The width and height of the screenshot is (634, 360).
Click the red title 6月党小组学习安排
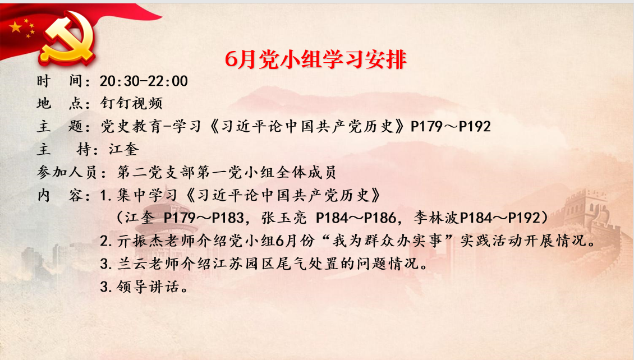point(315,60)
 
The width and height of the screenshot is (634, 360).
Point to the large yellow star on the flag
point(16,27)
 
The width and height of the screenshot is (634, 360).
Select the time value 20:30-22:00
point(144,81)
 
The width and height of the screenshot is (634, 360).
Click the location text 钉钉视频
point(131,103)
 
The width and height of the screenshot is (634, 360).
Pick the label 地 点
point(60,103)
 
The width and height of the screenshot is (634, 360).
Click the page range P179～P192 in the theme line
point(451,127)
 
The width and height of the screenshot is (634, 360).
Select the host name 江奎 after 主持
point(124,150)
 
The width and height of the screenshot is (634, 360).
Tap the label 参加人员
point(67,173)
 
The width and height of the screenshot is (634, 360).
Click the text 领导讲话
point(148,287)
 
